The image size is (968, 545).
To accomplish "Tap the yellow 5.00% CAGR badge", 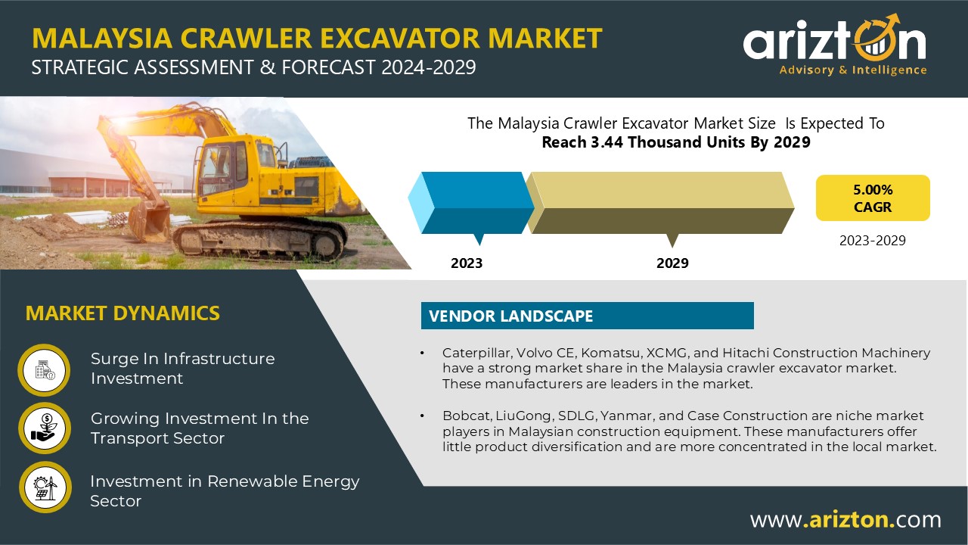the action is [873, 198].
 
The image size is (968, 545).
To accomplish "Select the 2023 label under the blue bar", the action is [467, 263].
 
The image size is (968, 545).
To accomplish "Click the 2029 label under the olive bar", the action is [672, 263].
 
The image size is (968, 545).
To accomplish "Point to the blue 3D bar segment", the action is [471, 203].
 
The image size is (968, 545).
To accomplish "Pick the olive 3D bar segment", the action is [660, 203].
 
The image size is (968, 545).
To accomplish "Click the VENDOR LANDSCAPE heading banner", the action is [588, 316].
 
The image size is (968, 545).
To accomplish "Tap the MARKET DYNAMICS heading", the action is [123, 313].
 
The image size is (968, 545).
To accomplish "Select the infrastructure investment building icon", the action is [44, 370].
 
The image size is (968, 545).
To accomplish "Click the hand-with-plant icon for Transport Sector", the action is [45, 428].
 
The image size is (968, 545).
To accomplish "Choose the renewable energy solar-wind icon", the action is [45, 487].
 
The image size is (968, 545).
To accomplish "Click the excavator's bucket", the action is [148, 220].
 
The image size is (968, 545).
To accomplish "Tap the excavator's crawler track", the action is [259, 239].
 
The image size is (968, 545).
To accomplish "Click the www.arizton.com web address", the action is [845, 519].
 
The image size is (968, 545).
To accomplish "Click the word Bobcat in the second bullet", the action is [467, 416].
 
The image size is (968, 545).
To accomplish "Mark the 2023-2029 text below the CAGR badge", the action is [873, 241].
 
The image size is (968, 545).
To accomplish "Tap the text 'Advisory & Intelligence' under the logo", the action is [853, 70].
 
